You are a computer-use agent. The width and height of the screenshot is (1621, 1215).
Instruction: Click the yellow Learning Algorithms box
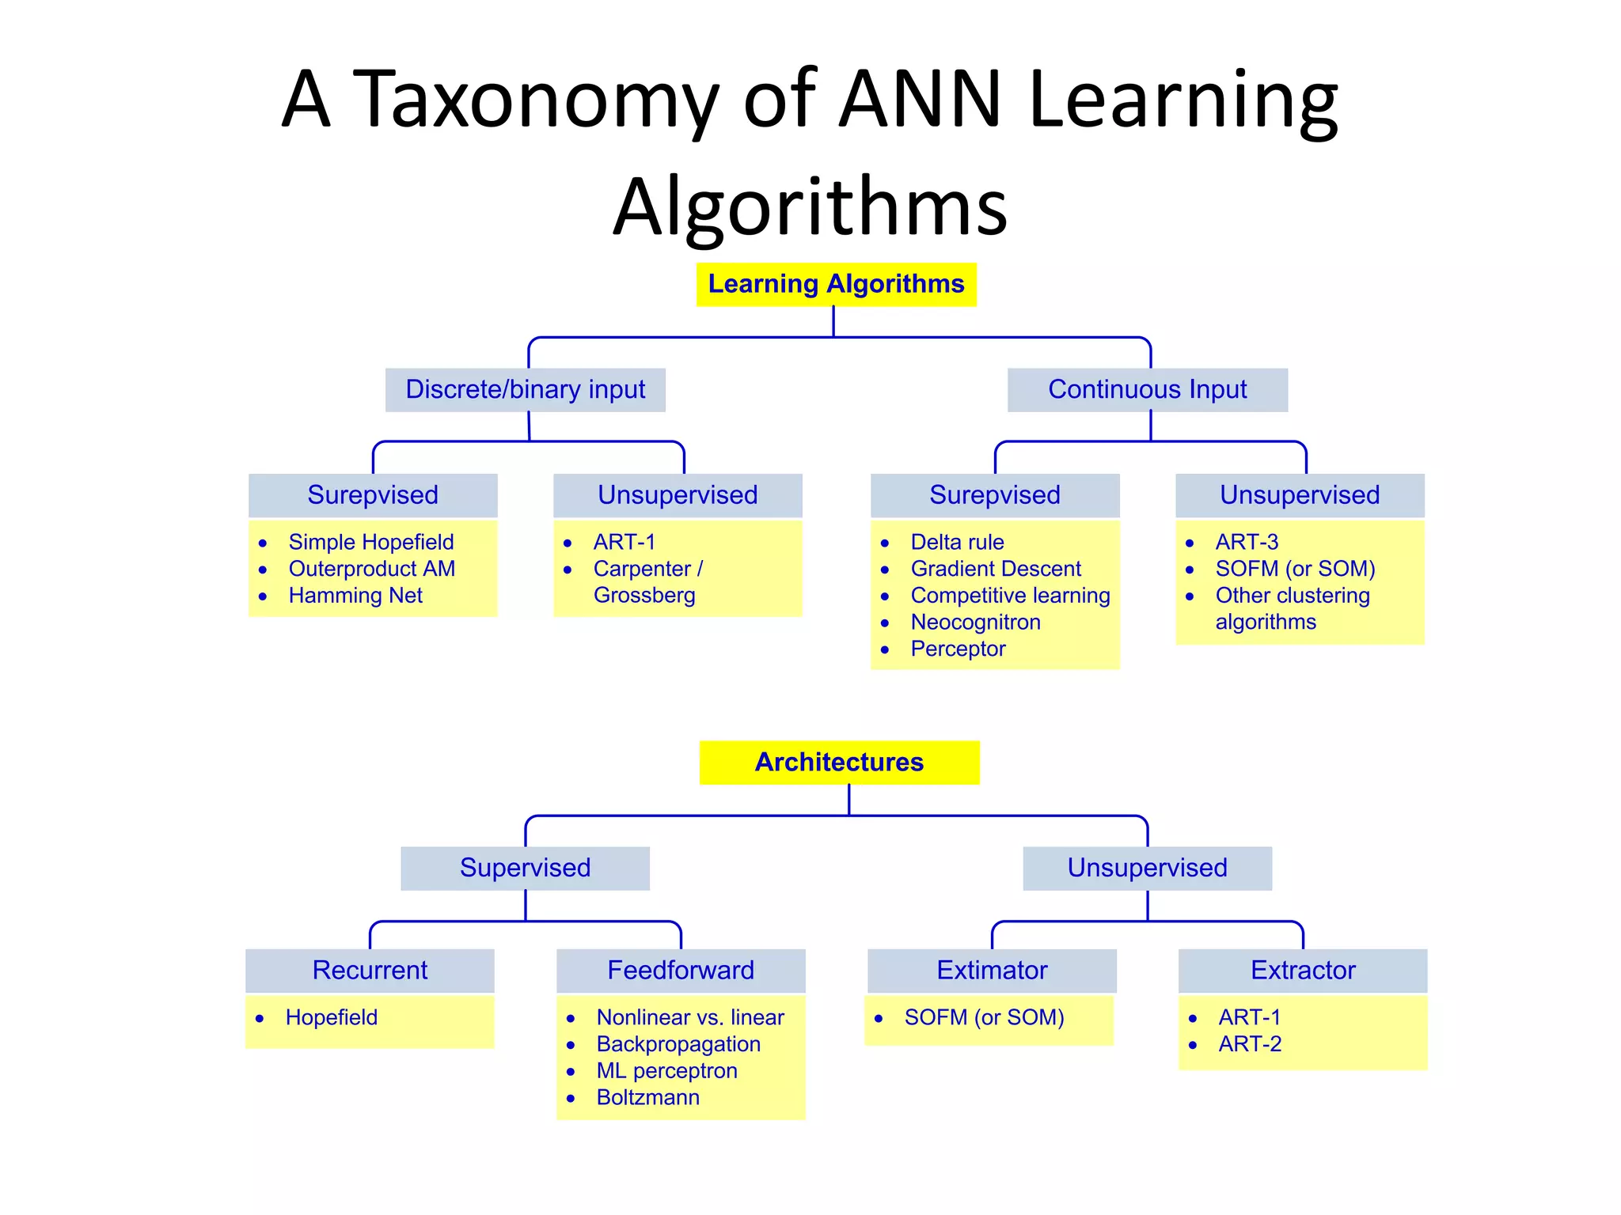click(x=836, y=284)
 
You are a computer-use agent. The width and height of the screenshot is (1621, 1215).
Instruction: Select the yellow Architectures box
click(x=839, y=762)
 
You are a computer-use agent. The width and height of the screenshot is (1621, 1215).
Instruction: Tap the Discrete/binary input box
click(x=526, y=389)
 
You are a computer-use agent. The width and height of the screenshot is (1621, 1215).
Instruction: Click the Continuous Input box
click(x=1147, y=389)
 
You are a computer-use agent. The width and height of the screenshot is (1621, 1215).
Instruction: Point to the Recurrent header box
click(x=370, y=970)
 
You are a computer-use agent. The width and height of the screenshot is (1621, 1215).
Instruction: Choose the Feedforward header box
click(x=681, y=970)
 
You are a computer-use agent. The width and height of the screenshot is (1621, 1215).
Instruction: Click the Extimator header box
click(x=992, y=970)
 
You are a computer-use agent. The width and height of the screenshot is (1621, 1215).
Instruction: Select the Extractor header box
click(x=1303, y=970)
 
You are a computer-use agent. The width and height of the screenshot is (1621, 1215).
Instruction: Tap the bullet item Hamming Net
click(x=355, y=596)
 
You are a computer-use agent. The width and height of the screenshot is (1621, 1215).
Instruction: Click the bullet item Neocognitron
click(x=975, y=623)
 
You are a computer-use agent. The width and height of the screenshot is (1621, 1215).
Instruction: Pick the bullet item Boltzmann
click(x=647, y=1098)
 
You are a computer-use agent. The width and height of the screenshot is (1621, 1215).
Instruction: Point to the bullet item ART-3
click(x=1247, y=542)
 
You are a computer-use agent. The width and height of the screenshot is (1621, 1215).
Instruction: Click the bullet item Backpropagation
click(x=678, y=1044)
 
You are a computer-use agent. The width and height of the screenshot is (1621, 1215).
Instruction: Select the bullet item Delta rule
click(x=957, y=542)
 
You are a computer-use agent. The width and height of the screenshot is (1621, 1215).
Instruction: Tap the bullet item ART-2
click(x=1250, y=1044)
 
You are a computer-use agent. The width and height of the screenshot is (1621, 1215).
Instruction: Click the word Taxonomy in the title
click(x=535, y=100)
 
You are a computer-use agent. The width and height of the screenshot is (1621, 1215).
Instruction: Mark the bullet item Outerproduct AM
click(x=371, y=569)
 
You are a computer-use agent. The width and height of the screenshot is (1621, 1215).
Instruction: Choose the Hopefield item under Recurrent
click(x=331, y=1017)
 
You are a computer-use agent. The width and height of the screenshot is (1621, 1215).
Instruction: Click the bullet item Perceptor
click(x=958, y=649)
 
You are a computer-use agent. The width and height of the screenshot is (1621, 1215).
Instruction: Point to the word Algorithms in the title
click(x=810, y=207)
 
